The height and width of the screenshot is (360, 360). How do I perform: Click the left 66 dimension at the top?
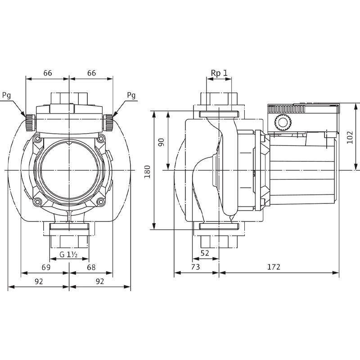(x=47, y=73)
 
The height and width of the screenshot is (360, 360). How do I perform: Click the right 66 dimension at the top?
(x=91, y=73)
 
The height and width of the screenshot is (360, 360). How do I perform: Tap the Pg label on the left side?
(x=7, y=95)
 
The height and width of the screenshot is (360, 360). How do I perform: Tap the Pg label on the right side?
(x=131, y=95)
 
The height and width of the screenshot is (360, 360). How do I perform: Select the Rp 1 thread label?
(x=219, y=73)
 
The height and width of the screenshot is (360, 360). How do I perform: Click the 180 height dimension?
(x=147, y=170)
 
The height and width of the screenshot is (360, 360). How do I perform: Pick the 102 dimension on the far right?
(x=350, y=137)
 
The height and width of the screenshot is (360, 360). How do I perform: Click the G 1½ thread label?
(x=69, y=255)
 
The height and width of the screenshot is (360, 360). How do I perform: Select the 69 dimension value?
(x=45, y=267)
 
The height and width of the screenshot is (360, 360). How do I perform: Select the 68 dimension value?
(x=91, y=267)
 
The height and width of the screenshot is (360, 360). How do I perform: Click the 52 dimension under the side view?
(x=205, y=253)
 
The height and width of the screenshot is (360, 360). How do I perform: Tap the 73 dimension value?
(x=196, y=267)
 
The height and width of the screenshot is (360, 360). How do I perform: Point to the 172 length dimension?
(x=273, y=267)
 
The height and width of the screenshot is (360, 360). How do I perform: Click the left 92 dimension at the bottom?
(x=39, y=282)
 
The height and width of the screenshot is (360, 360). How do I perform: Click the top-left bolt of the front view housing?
(x=37, y=137)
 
